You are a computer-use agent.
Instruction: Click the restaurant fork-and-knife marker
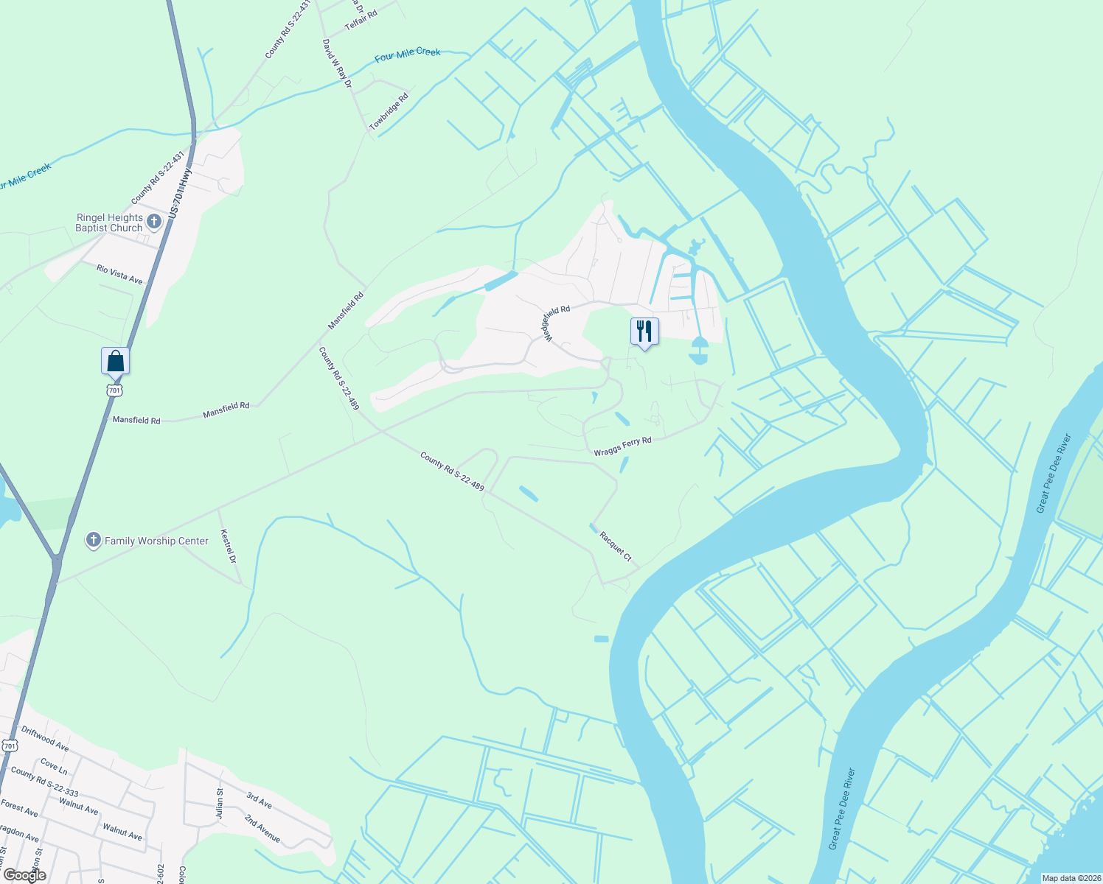coord(644,331)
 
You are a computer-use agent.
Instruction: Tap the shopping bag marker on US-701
coord(115,361)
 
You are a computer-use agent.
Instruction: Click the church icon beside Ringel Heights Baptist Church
coord(154,221)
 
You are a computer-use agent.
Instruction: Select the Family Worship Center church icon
coord(93,540)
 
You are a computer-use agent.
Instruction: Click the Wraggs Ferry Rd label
coord(623,446)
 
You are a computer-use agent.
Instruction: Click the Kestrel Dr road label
coord(229,546)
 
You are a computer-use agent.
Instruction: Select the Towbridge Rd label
coord(389,112)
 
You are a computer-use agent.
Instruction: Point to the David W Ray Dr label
coord(337,63)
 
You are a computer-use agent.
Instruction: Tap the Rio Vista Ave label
coord(119,274)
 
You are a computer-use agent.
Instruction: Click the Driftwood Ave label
coord(45,739)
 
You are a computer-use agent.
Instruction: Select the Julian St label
coord(220,802)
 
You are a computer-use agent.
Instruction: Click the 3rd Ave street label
coord(259,800)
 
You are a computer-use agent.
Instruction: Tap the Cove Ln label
coord(54,766)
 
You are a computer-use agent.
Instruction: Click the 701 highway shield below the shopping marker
coord(114,390)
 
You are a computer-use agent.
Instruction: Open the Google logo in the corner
coord(24,875)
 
